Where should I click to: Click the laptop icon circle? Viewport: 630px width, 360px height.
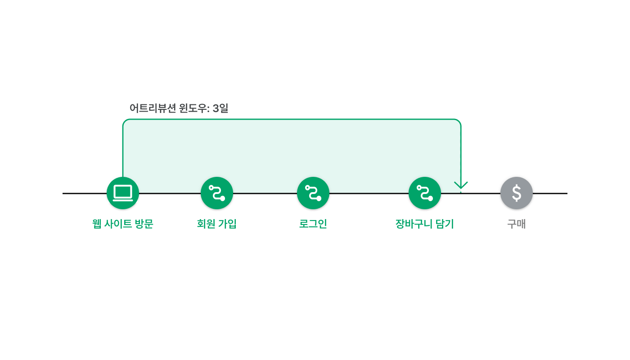pos(123,193)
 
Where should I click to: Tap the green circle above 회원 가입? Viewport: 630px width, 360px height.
pos(217,193)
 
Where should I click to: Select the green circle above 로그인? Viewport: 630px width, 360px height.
pos(313,193)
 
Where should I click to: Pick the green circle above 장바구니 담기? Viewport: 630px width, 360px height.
pos(425,193)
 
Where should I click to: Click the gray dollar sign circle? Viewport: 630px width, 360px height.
pos(517,193)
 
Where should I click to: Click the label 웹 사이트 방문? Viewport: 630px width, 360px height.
pos(122,224)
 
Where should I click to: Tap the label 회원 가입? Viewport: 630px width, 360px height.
pos(217,224)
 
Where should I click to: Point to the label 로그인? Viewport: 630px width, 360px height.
pos(313,224)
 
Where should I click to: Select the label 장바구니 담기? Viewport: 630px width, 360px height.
pos(425,224)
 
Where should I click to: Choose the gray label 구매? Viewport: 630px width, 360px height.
pos(517,224)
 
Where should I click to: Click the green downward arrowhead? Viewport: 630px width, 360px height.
pos(461,185)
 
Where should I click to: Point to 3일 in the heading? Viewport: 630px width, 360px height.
pos(220,108)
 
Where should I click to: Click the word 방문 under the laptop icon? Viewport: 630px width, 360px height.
pos(144,224)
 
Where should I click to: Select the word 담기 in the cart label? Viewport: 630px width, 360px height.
pos(445,224)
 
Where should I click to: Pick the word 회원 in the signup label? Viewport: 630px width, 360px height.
pos(206,224)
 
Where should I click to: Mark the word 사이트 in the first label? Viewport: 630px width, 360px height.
pos(118,224)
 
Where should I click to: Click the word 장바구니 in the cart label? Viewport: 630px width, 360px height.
pos(414,224)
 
